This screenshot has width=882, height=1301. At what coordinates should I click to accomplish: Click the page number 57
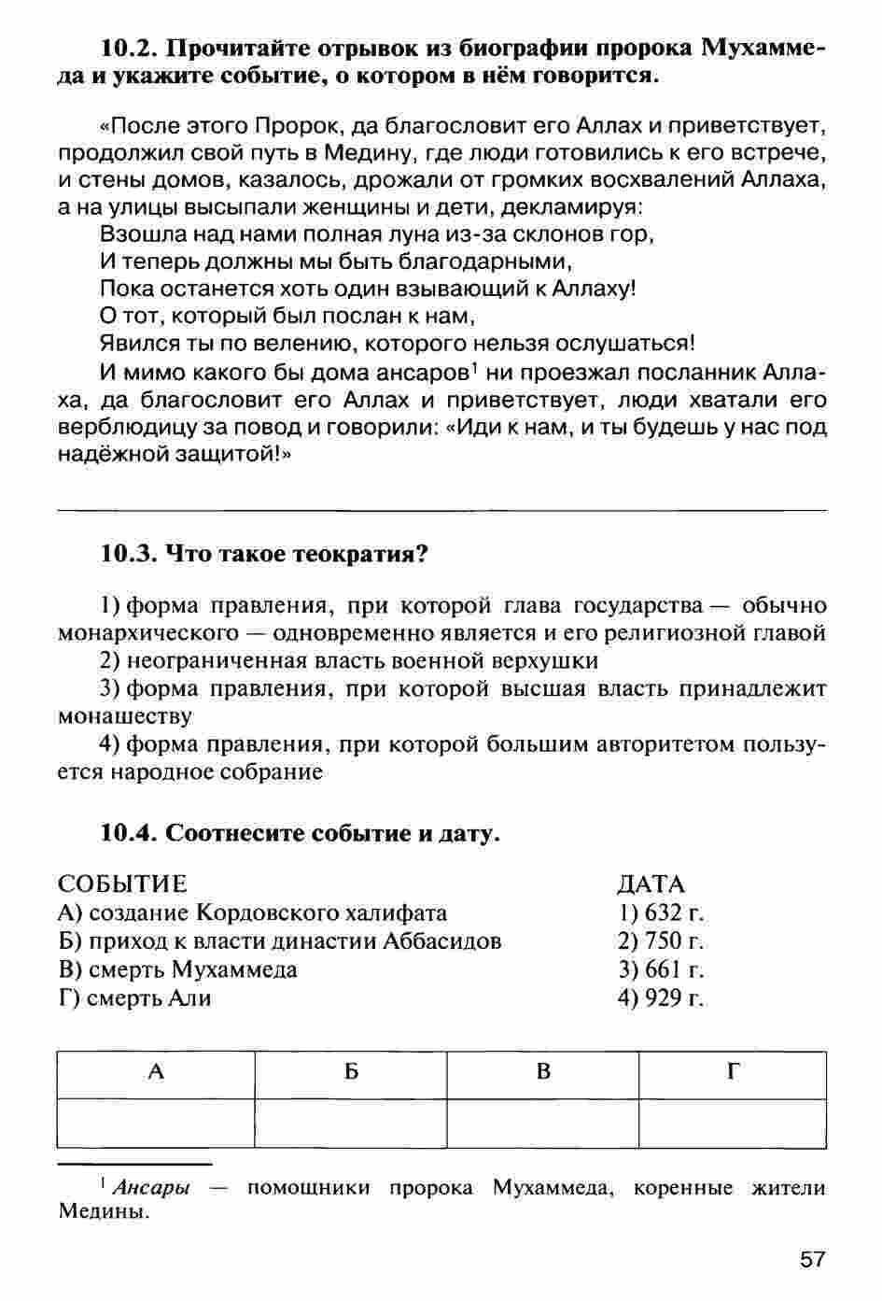click(813, 1259)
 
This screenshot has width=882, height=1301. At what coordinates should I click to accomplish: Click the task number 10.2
click(130, 48)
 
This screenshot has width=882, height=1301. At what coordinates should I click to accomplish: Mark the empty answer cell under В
click(543, 1123)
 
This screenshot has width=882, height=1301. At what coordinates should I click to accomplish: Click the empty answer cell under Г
click(733, 1123)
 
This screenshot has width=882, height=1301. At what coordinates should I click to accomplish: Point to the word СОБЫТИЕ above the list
click(122, 884)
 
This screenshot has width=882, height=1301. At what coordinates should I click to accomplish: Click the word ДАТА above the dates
click(651, 884)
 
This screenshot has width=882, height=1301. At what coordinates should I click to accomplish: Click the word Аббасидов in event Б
click(442, 940)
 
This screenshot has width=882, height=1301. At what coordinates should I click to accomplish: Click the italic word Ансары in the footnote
click(150, 1188)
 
